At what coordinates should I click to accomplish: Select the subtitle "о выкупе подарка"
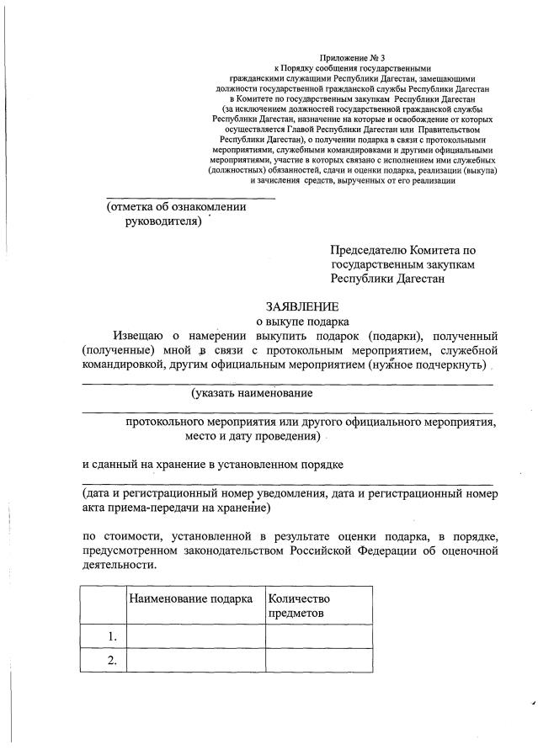[301, 321]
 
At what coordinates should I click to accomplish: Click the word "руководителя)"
[162, 221]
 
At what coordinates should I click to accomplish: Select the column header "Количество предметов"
[299, 606]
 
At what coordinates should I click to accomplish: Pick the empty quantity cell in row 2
[318, 661]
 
